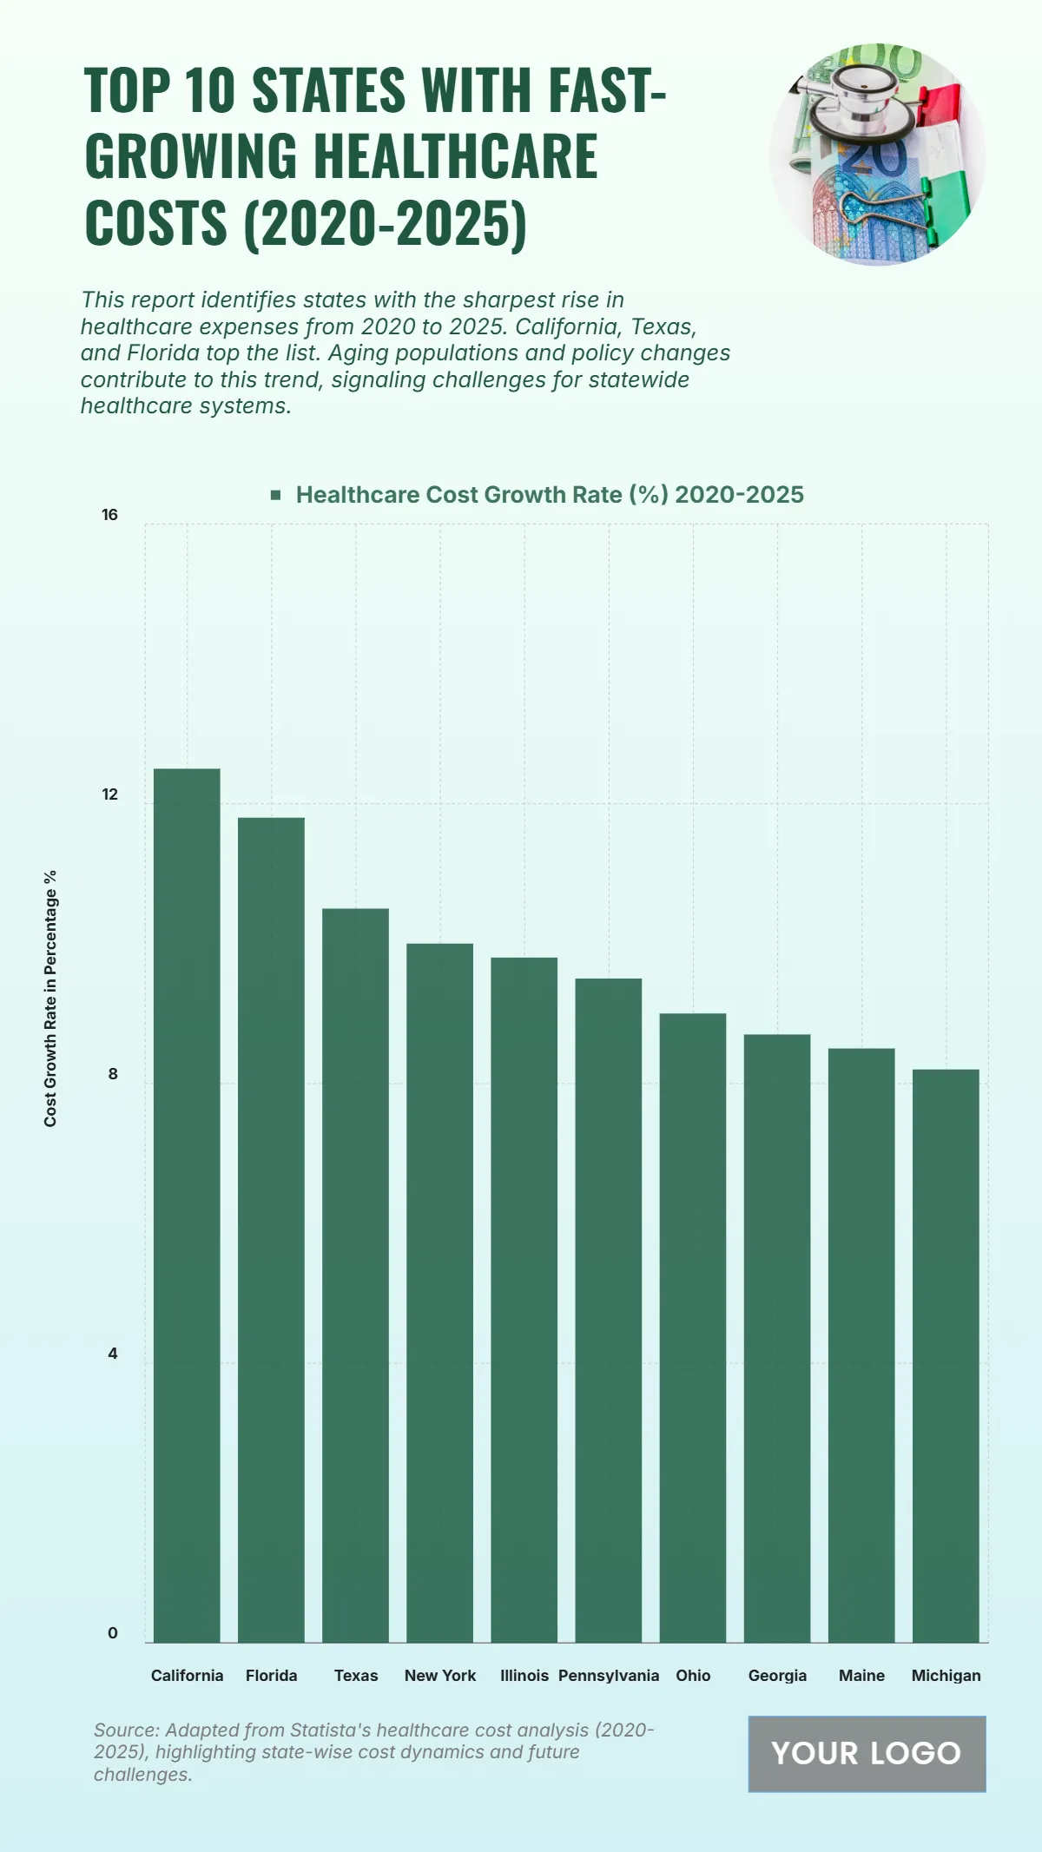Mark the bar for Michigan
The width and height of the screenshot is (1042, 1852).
click(946, 1354)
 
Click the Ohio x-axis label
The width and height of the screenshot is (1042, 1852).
click(693, 1676)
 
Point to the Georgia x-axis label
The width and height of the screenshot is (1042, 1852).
click(777, 1676)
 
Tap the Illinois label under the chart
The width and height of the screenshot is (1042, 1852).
click(524, 1676)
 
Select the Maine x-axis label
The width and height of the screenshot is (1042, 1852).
click(861, 1676)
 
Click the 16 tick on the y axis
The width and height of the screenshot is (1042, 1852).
click(109, 515)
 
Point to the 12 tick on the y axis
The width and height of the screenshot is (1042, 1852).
click(109, 794)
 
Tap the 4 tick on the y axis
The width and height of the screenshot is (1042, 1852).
click(112, 1354)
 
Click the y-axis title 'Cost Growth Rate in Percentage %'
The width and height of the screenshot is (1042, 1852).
click(50, 998)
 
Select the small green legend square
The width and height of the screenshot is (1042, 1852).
click(275, 495)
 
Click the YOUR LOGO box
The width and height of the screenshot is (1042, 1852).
click(867, 1753)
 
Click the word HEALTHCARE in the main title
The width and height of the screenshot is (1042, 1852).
click(455, 157)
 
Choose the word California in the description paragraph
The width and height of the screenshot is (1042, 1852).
click(565, 326)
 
